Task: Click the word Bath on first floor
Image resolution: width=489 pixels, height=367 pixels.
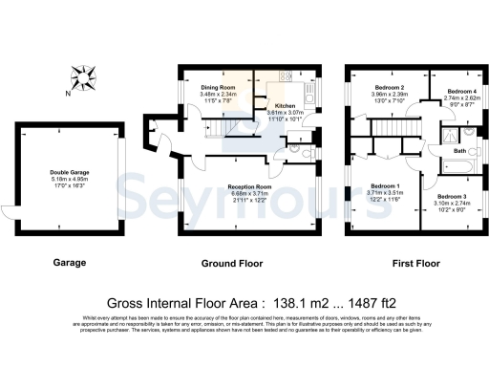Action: pos(459,151)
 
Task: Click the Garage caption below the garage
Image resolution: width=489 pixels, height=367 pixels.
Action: pos(69,262)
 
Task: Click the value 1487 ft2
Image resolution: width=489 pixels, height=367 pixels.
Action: pos(375,300)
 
